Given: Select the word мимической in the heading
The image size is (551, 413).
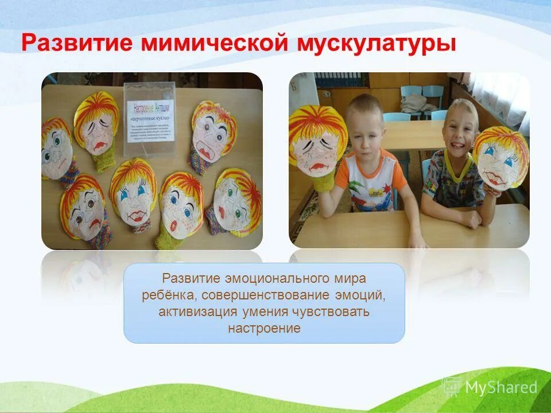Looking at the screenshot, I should [x=204, y=44].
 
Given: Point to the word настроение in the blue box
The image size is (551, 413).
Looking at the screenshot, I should [x=264, y=329].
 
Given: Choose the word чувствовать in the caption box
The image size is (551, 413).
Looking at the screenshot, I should [x=335, y=312].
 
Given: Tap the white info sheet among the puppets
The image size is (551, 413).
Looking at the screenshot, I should [x=150, y=118].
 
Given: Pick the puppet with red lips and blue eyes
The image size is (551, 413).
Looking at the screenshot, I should [x=133, y=195].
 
